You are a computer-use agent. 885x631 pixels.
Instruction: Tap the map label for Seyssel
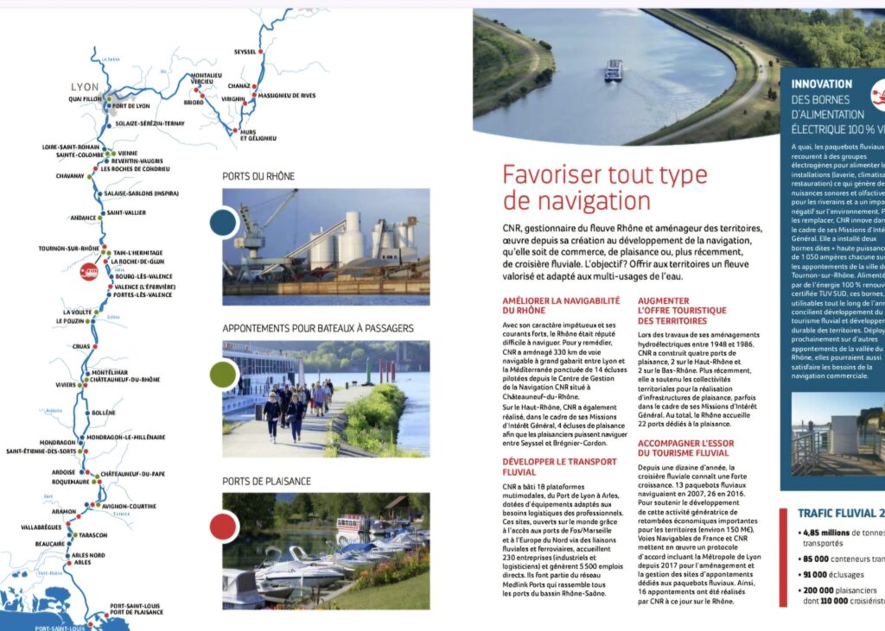245,52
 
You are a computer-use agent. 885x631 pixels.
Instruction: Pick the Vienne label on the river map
127,154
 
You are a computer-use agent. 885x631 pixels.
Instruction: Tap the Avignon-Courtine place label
130,506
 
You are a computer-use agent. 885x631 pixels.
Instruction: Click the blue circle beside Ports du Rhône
224,223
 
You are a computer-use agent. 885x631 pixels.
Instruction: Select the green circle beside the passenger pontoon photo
223,374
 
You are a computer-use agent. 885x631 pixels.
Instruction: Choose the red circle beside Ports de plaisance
223,526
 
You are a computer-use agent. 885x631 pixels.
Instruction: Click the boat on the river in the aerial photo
614,70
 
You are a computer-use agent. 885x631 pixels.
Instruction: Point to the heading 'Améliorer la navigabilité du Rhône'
561,305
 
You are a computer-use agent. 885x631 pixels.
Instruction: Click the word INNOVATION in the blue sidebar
821,85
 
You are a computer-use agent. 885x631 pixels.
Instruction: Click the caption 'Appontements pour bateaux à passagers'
317,328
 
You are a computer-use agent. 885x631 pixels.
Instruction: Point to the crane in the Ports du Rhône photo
259,224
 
